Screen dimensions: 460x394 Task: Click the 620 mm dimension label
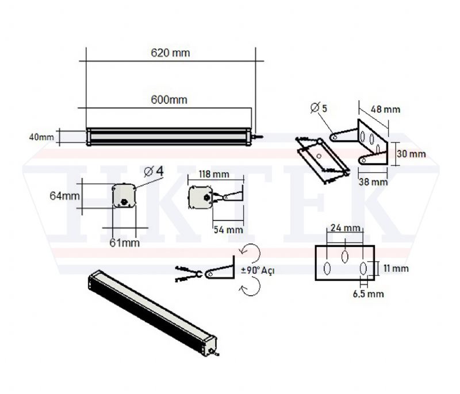click(170, 53)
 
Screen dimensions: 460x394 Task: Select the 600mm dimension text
click(169, 100)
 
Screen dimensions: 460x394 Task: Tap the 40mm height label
click(41, 137)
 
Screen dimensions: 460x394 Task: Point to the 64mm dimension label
click(64, 196)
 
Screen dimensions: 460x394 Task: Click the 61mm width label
click(124, 243)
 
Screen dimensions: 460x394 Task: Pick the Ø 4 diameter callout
click(154, 172)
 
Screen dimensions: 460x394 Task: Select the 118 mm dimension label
click(214, 174)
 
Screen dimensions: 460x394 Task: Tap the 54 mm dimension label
click(228, 230)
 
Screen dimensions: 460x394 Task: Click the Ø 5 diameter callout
click(319, 108)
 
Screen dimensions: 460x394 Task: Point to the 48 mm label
click(385, 109)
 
